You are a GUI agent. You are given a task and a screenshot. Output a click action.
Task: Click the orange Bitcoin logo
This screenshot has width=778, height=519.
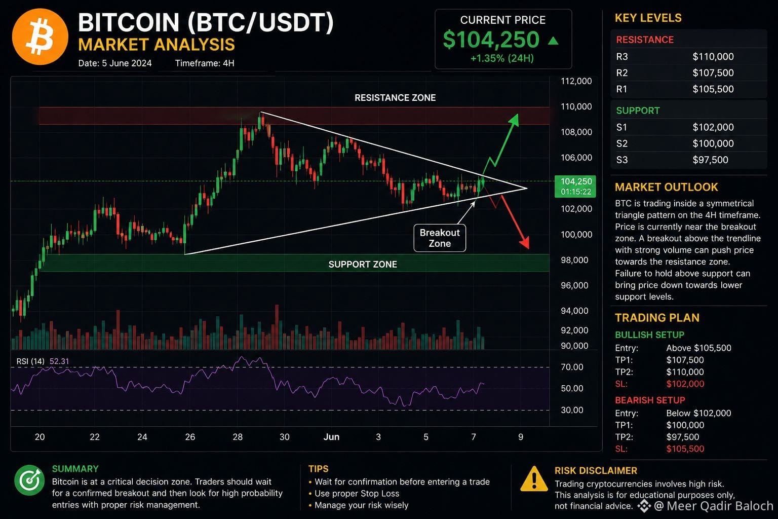pos(40,37)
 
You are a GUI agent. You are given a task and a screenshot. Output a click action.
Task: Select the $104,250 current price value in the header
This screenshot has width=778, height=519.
pos(491,40)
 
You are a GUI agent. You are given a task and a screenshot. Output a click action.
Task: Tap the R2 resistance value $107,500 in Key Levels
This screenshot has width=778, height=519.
pos(713,72)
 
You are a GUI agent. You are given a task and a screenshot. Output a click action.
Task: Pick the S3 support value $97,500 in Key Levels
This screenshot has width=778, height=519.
pos(710,160)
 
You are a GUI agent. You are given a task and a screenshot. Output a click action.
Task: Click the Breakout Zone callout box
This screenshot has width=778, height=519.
pos(440,238)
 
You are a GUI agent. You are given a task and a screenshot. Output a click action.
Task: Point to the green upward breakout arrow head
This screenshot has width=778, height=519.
pos(514,120)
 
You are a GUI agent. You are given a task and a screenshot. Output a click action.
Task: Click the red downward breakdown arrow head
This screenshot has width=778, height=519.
pos(525,242)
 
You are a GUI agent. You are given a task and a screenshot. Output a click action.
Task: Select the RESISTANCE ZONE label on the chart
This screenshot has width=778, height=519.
pos(395,98)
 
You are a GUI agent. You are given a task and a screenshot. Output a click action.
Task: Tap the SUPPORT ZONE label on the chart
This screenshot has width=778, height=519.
pos(363,265)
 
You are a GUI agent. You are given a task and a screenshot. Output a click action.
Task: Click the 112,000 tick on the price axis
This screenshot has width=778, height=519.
pos(576,81)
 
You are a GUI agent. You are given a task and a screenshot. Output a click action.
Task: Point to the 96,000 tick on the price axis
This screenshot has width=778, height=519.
pos(574,285)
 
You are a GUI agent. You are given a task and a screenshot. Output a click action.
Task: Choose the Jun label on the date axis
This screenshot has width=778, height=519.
pos(331,437)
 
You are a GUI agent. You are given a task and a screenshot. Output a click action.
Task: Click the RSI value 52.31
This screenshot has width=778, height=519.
pos(59,361)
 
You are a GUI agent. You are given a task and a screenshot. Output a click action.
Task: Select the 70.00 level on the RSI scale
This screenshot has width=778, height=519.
pos(572,367)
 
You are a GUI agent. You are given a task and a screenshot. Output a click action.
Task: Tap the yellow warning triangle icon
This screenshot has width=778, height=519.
pos(534,479)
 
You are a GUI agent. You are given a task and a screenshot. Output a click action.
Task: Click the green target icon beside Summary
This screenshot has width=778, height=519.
pos(29,480)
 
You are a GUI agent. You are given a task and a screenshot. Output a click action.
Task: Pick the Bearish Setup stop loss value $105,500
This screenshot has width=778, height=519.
pos(685,449)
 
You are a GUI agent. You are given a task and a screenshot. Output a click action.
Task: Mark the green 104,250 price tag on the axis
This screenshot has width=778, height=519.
pos(575,187)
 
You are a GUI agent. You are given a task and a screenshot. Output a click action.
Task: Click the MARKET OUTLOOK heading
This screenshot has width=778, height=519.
pos(666,188)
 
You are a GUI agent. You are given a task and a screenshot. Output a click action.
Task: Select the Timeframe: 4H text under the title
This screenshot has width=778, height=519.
pos(205,63)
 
